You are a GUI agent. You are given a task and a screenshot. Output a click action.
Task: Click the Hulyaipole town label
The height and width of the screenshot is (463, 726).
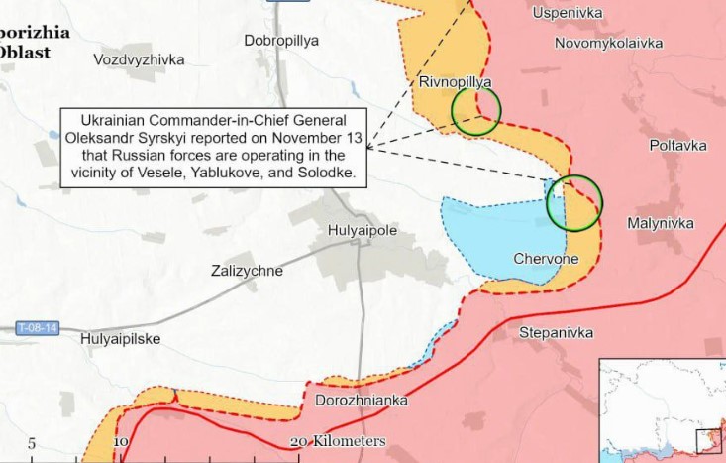pos(362,230)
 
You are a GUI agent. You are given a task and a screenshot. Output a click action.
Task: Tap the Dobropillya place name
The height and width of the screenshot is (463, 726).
pos(281,41)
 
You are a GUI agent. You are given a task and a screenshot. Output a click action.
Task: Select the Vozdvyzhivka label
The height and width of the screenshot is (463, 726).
pos(139,59)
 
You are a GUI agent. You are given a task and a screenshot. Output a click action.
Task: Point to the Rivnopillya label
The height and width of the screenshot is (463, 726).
pos(456,81)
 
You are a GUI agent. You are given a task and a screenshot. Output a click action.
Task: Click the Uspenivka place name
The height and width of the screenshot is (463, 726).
pos(568,13)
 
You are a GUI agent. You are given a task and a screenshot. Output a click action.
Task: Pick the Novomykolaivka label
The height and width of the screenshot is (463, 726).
pos(608,43)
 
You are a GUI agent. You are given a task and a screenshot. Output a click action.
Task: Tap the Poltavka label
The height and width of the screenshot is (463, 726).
pos(678,145)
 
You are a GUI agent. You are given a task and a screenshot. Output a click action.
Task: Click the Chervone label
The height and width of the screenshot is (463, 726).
pos(546,259)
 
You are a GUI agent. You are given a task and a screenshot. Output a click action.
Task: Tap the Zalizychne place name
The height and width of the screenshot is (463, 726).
pos(247,271)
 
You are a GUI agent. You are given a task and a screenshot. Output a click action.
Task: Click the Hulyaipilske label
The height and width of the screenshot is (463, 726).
pos(120,339)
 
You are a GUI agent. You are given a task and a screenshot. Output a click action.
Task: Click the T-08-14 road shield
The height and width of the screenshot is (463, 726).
pos(38,326)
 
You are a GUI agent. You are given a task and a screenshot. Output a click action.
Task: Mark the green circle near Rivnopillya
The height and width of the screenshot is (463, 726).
pos(476,110)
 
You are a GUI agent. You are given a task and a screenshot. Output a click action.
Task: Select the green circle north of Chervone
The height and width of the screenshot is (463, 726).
pos(574,202)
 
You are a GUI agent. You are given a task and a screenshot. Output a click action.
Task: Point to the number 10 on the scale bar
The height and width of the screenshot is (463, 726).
pos(121,442)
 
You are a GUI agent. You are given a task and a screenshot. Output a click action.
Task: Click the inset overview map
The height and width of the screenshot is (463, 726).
pos(663,409)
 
